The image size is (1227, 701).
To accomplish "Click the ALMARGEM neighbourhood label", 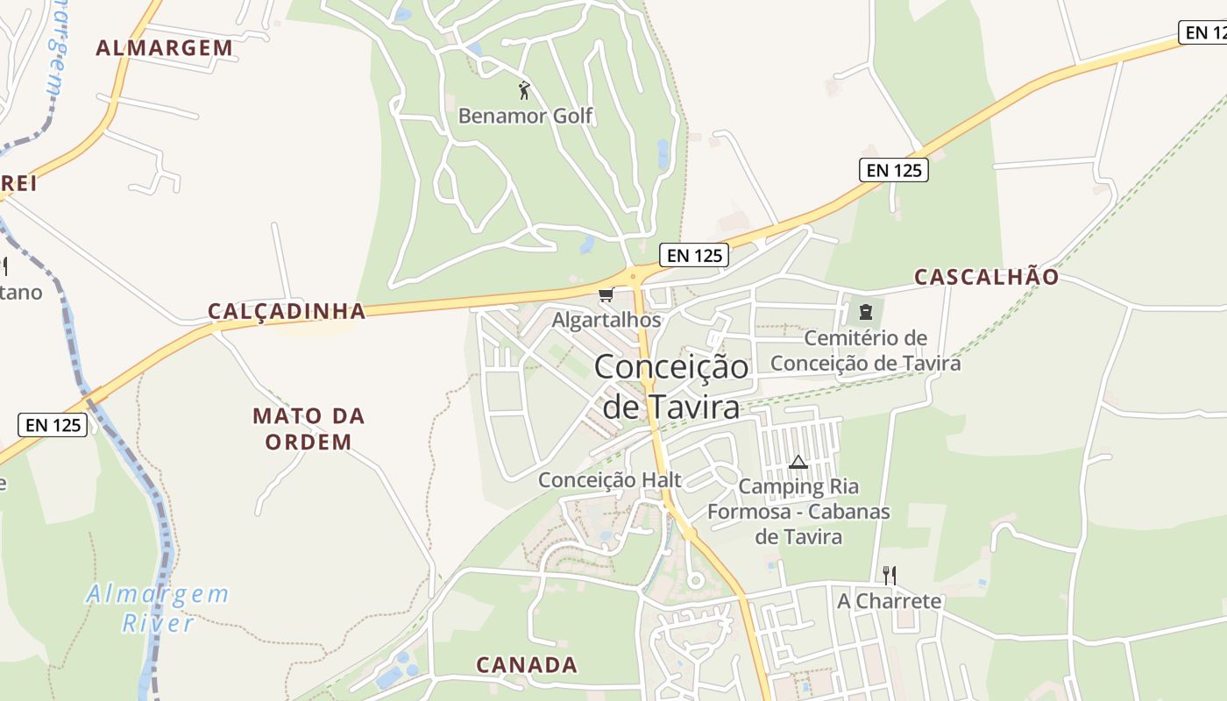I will (164, 47).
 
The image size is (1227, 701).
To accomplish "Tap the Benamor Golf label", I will (525, 116).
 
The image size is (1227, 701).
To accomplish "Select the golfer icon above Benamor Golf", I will (524, 89).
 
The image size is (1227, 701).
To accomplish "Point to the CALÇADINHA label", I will (287, 310).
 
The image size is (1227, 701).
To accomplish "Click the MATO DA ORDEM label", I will (309, 428).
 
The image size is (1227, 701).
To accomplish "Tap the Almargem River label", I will (158, 608).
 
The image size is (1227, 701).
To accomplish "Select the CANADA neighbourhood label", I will (527, 664).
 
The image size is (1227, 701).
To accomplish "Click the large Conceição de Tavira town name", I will (671, 386).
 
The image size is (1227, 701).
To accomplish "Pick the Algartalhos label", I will (606, 320).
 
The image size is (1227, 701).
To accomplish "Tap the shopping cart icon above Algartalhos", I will (605, 295).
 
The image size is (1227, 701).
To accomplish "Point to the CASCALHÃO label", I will (987, 277).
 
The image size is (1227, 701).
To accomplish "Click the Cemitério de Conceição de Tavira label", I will (865, 350).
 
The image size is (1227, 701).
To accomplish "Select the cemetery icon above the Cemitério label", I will (866, 312).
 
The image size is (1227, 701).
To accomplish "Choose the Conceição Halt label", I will (610, 479).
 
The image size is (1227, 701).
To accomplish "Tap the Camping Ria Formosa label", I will (798, 511).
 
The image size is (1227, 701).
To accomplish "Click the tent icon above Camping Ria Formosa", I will (798, 462).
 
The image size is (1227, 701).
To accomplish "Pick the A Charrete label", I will (890, 601).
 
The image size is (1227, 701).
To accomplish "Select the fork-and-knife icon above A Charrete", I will (890, 575).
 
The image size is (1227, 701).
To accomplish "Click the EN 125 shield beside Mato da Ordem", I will (53, 425).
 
